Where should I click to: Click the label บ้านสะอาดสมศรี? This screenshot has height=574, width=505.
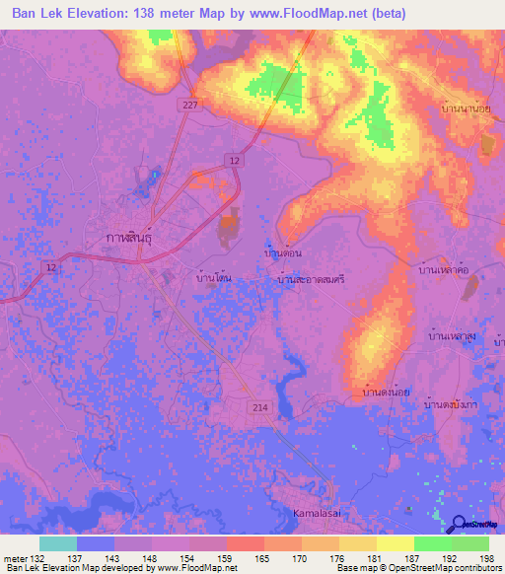pyautogui.click(x=311, y=280)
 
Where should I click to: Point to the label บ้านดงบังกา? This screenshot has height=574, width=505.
pyautogui.click(x=451, y=404)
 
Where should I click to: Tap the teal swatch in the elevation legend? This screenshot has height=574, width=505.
pyautogui.click(x=58, y=543)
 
